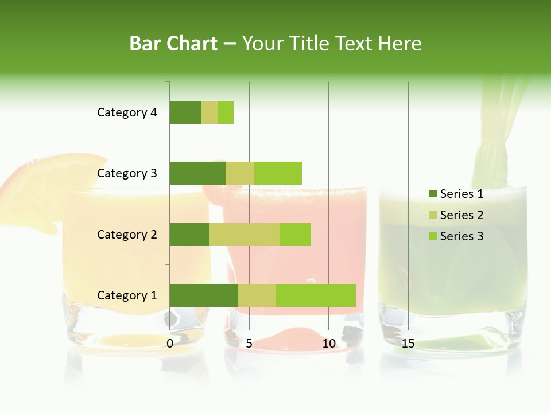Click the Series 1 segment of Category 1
[204, 295]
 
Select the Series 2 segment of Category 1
[257, 295]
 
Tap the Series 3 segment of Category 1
[316, 295]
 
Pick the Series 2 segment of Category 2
[245, 234]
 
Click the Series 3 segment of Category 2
[295, 234]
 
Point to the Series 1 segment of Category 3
[197, 173]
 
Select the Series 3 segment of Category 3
[278, 173]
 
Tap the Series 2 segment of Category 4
[209, 112]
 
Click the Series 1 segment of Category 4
[185, 112]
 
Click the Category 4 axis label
[127, 112]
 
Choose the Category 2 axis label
[127, 234]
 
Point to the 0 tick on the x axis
[170, 344]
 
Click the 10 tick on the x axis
[329, 344]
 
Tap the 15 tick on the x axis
[408, 344]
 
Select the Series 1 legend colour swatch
[433, 194]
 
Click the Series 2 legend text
[461, 215]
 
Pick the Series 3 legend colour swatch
[433, 236]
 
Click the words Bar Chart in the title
[173, 44]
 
